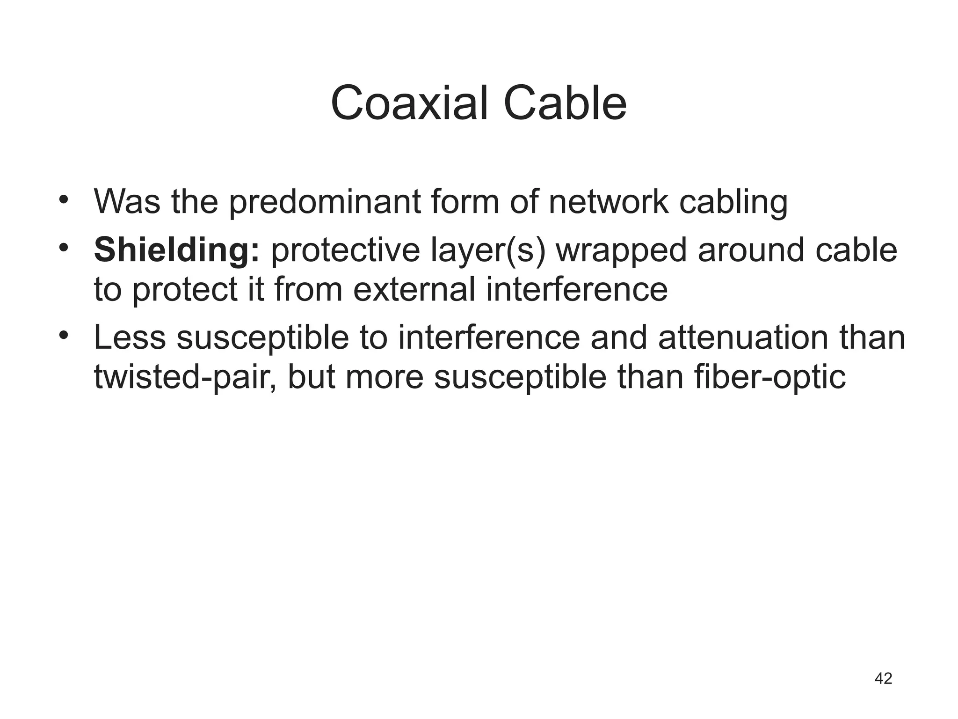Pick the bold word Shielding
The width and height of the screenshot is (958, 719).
coord(176,250)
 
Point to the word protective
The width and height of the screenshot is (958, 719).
coord(346,250)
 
